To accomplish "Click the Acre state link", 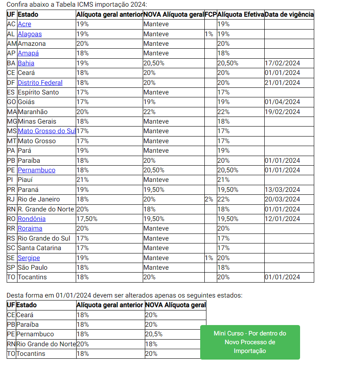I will click(24, 24).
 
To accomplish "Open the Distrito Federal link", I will click(40, 82).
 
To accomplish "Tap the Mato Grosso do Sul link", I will click(47, 131).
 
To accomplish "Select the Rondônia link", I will click(32, 219).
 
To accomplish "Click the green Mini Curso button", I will click(250, 342).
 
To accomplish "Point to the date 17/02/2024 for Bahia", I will click(282, 63).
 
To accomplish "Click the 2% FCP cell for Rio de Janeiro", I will click(209, 199).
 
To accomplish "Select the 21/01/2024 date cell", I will click(282, 82).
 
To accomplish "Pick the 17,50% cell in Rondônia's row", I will click(87, 219).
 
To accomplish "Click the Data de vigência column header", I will click(289, 15).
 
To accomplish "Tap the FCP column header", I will click(211, 15).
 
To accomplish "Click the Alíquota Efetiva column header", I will click(240, 15).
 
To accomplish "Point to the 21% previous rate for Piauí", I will click(82, 180).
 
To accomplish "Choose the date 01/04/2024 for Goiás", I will click(282, 102).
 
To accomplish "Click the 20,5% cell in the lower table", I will click(154, 334).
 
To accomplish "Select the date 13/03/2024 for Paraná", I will click(282, 190).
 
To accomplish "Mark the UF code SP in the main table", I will click(11, 268).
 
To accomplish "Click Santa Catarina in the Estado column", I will click(39, 248).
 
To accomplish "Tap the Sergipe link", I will click(29, 258).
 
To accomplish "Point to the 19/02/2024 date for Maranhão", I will click(282, 112).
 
